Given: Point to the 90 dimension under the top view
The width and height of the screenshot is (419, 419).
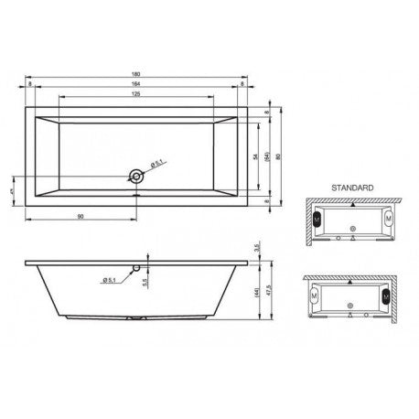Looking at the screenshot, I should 81,215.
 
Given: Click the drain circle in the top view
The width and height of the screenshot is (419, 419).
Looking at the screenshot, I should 137,176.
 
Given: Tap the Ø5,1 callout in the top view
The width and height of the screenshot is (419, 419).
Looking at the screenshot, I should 156,164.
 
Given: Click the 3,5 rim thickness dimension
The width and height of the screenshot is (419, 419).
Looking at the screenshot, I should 260,248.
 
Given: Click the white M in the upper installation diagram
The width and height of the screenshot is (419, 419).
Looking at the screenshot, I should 390,220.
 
